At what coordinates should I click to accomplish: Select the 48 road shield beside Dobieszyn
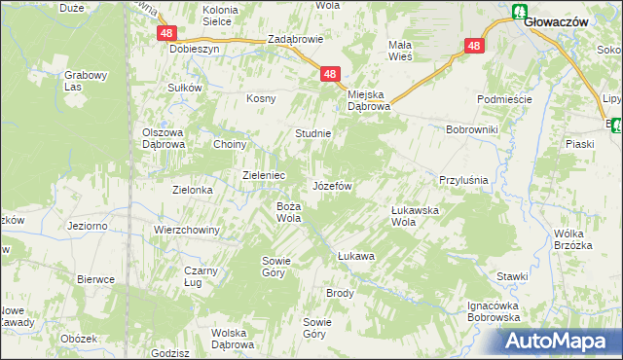tap(165, 33)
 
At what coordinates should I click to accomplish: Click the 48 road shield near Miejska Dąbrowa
tap(331, 74)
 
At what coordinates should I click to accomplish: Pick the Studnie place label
tap(313, 133)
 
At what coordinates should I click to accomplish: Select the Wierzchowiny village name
tap(187, 230)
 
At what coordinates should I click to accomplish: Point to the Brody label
tap(340, 293)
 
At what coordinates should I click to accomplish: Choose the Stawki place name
tap(510, 276)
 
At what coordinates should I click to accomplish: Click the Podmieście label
tap(502, 100)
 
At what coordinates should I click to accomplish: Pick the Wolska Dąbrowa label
tap(233, 339)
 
